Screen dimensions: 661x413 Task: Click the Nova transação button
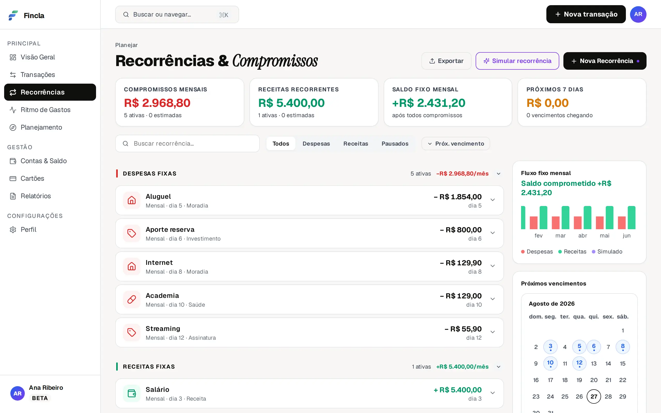click(x=586, y=14)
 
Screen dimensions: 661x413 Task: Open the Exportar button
click(x=446, y=61)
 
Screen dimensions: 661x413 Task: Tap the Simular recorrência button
click(x=517, y=61)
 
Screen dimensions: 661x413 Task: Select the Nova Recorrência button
click(x=605, y=61)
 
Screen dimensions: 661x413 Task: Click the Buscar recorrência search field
click(x=187, y=144)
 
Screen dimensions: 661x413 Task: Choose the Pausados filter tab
click(x=395, y=144)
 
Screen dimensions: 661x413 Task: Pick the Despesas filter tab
click(x=316, y=144)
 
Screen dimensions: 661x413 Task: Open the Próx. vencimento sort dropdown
click(x=455, y=144)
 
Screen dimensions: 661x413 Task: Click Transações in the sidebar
click(x=38, y=75)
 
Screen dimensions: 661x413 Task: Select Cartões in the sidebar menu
click(x=32, y=178)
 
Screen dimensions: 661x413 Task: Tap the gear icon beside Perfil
click(x=13, y=230)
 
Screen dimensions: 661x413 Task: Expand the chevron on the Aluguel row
click(x=492, y=200)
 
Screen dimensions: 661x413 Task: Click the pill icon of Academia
click(x=132, y=299)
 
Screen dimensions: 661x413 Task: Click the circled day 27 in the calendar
click(x=594, y=396)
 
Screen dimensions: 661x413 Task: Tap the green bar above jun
click(x=632, y=217)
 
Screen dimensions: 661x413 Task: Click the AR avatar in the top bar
click(x=638, y=14)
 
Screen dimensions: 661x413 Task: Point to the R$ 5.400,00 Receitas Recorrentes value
click(x=291, y=103)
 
